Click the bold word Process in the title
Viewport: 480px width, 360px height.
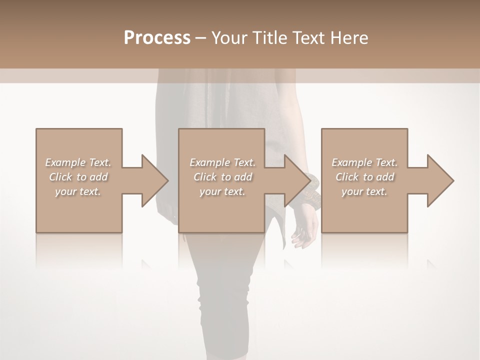point(157,38)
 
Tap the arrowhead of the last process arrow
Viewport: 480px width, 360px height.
point(439,180)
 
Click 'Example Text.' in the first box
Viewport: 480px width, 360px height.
point(78,162)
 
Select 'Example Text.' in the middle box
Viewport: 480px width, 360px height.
point(222,162)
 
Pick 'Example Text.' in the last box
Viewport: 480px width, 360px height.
point(364,162)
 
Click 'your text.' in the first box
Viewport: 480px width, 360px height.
point(78,191)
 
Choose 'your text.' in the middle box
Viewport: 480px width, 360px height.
point(222,191)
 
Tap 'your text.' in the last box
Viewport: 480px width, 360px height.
point(364,191)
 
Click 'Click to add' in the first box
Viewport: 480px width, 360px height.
point(78,177)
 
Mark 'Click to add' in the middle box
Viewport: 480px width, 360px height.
point(222,177)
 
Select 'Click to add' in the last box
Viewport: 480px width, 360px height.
point(364,177)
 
